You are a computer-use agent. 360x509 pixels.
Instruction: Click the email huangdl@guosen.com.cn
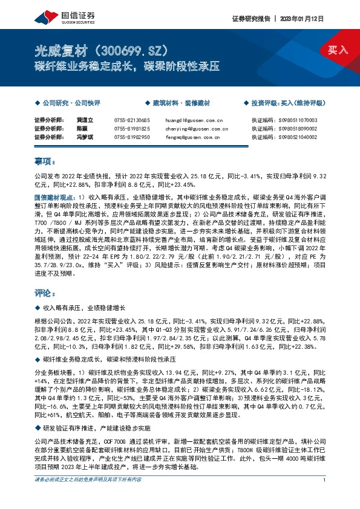tap(203, 121)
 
